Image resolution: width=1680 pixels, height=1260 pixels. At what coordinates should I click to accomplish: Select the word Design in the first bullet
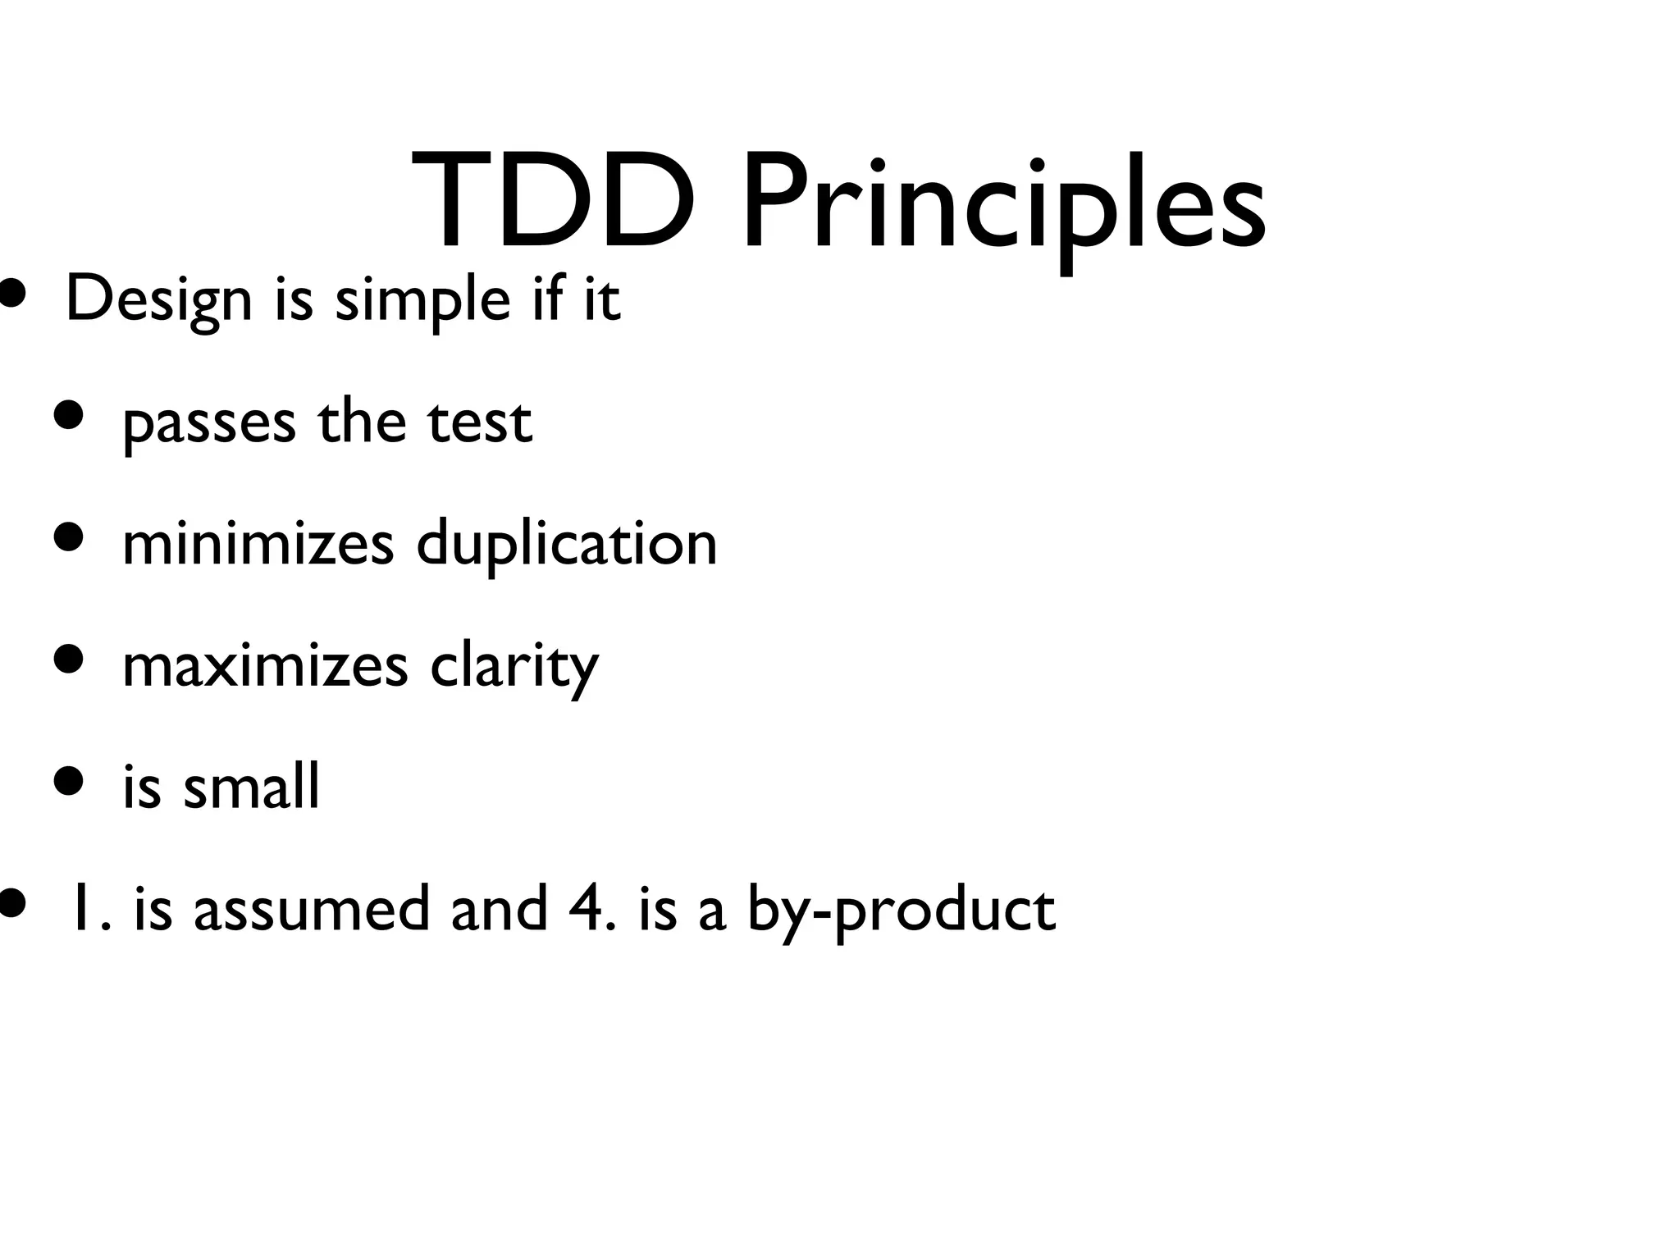tap(158, 300)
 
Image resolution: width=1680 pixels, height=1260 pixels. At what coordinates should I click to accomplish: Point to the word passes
tap(209, 423)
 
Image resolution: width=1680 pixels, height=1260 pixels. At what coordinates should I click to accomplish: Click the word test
tap(480, 422)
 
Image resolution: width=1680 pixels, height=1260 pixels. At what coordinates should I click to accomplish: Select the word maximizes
tap(264, 665)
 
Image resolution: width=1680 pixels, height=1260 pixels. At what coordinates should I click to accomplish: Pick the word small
tap(251, 786)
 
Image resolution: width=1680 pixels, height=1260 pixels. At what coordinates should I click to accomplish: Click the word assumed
tap(312, 909)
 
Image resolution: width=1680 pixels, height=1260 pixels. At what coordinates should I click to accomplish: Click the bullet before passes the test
tap(70, 416)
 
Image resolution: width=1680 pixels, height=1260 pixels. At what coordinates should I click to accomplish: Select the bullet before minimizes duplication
tap(70, 538)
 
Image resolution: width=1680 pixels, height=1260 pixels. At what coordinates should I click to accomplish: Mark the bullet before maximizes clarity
tap(70, 660)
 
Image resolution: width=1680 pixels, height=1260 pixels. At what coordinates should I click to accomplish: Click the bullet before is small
tap(70, 782)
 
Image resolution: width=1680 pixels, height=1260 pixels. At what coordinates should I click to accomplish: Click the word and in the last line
tap(499, 909)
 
